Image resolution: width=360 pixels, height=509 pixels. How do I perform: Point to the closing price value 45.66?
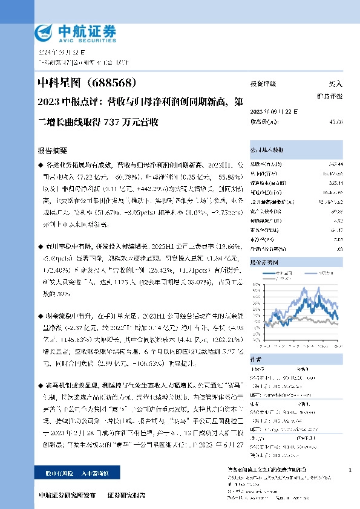click(335, 122)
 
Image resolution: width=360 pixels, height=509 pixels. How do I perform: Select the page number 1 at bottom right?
click(350, 470)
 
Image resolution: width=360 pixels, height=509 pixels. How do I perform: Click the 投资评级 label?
click(263, 85)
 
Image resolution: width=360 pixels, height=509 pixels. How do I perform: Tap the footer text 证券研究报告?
click(126, 495)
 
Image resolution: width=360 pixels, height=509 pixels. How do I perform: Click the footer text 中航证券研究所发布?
click(67, 495)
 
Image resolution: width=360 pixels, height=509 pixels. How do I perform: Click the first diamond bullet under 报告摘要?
click(41, 164)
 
